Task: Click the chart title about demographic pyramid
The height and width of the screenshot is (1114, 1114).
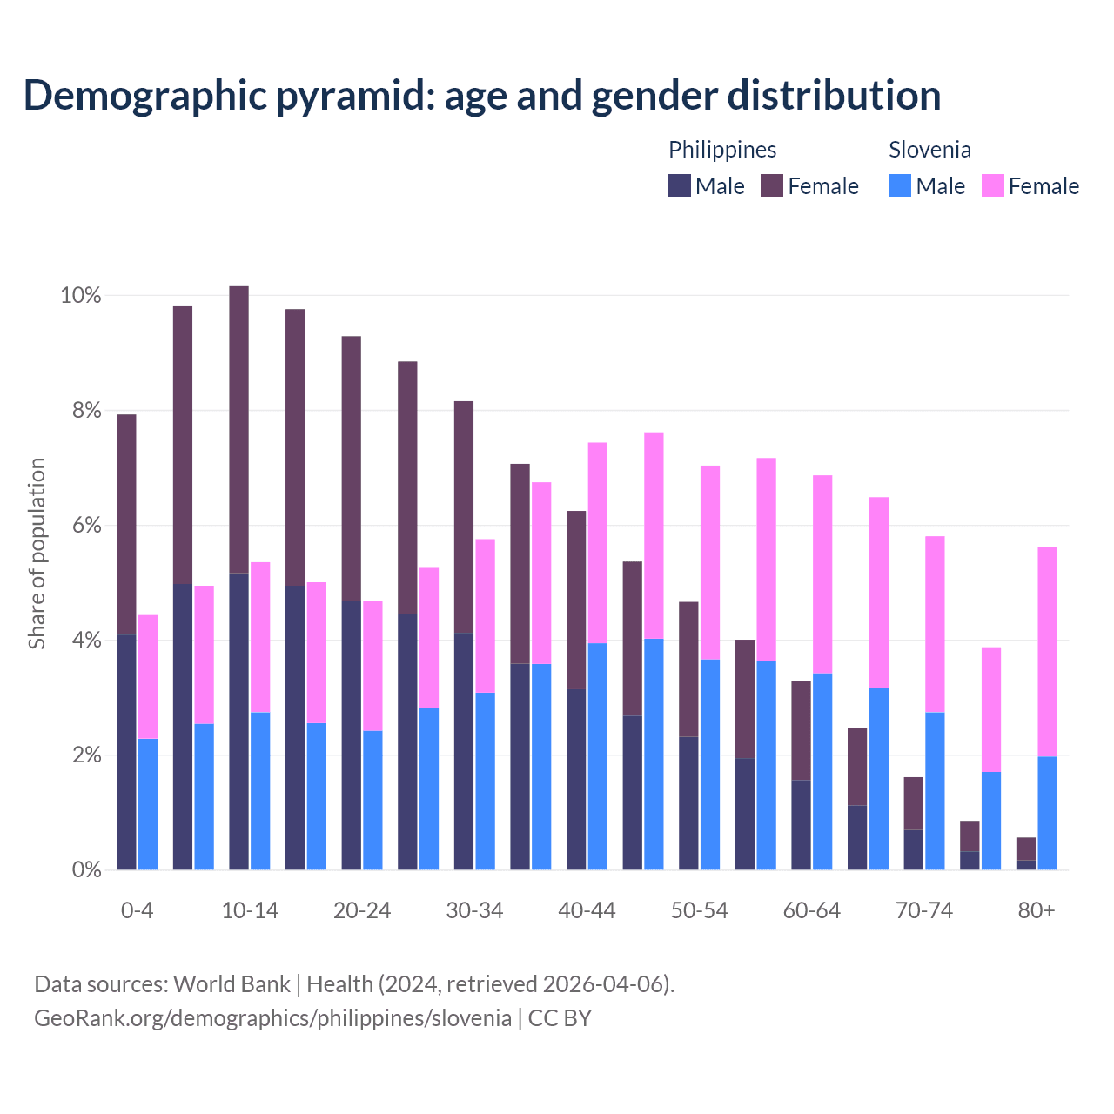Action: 481,96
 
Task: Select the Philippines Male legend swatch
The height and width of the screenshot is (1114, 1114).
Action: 679,185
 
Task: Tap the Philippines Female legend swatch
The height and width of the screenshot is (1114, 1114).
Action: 772,185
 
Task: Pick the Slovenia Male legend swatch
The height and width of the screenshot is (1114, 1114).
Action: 900,185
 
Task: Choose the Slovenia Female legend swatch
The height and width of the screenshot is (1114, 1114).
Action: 992,185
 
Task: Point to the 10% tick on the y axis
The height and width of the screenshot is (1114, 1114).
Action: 81,296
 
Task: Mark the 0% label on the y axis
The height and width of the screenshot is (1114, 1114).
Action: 85,869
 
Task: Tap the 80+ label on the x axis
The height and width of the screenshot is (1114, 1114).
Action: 1036,910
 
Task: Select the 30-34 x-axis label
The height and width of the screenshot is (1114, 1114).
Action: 474,910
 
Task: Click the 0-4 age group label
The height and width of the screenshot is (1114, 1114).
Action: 137,910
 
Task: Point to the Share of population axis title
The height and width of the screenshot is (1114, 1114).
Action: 37,554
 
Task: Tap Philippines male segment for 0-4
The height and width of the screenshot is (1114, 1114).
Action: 126,752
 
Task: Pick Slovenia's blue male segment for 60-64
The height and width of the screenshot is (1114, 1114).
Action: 822,771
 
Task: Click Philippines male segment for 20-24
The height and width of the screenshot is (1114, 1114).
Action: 351,735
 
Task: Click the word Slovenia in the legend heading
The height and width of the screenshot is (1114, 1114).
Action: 929,150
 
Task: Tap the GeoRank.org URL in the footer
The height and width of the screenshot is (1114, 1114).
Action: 272,1018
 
